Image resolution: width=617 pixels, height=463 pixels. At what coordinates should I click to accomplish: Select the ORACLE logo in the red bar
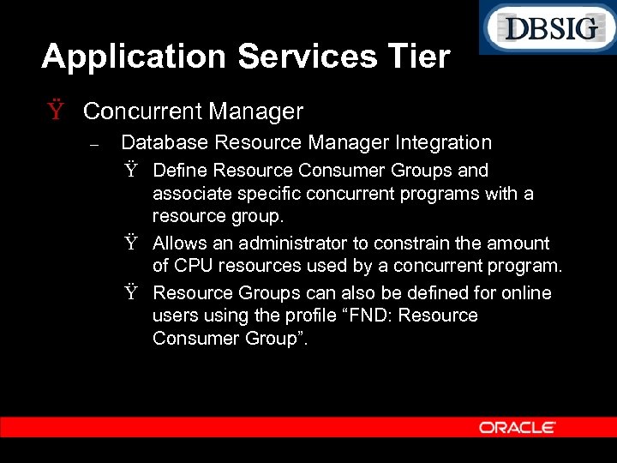coord(517,427)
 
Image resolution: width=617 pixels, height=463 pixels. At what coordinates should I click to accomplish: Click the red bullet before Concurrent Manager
coord(57,111)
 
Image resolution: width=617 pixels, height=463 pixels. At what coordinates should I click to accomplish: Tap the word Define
coord(181,171)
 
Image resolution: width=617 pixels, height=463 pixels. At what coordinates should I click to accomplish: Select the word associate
coord(190,194)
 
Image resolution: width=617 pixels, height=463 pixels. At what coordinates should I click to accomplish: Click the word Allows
coord(179,244)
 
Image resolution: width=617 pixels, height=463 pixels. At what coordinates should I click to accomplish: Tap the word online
coord(526,293)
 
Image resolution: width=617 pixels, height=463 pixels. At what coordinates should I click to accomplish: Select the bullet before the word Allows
coord(132,244)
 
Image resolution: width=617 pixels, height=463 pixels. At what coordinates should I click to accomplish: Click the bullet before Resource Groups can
coord(132,294)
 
